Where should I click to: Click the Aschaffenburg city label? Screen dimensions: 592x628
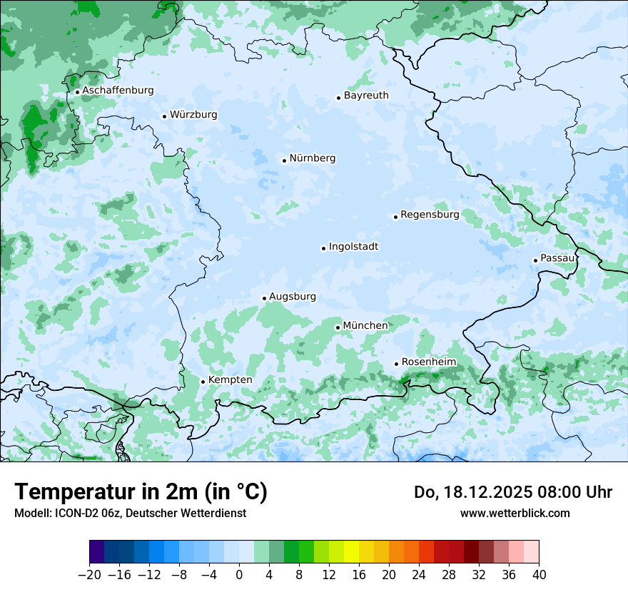coord(118,91)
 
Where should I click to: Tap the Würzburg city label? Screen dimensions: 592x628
coord(193,115)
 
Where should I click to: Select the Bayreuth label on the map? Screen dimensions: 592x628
coord(366,96)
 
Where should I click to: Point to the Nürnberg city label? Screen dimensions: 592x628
coord(312,158)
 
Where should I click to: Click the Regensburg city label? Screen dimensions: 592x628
coord(430,215)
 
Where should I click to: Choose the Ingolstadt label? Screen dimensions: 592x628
coord(353,247)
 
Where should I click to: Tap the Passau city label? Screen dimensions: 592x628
coord(557,258)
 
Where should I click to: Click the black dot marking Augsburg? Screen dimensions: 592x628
coord(264,298)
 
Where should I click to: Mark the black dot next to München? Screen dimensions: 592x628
coord(338,327)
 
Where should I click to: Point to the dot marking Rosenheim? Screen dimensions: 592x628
coord(396,364)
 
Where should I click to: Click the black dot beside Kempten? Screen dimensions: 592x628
coord(203,382)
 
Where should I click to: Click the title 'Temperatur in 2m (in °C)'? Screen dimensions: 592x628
coord(141,492)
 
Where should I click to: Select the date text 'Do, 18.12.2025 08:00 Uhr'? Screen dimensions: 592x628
coord(513,492)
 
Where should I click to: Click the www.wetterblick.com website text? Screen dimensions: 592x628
coord(515,513)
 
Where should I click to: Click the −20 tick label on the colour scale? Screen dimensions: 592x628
coord(89,575)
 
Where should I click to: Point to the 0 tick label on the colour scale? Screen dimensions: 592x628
coord(239,575)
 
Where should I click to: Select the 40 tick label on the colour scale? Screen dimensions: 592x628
coord(539,575)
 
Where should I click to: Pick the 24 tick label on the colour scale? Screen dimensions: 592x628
coord(419,575)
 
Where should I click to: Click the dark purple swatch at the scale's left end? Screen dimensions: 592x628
coord(97,552)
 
